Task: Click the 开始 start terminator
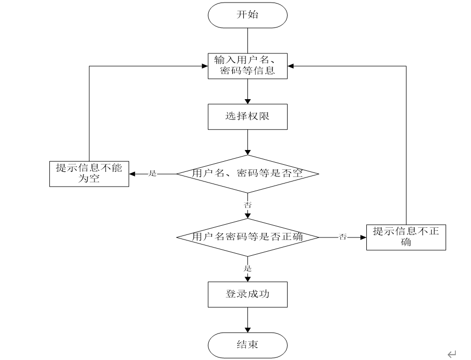247,15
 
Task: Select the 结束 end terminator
247,345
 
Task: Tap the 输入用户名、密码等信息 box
247,66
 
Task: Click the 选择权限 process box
247,116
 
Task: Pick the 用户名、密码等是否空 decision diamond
247,174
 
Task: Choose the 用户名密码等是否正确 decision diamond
247,237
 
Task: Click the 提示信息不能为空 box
89,174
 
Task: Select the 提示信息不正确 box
406,237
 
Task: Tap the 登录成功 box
247,294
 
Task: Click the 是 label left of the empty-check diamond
152,173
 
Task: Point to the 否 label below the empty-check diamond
247,205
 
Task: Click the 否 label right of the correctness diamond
343,237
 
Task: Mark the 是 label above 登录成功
247,268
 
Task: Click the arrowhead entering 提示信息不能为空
132,174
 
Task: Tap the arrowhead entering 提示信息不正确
363,237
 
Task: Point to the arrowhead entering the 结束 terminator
247,329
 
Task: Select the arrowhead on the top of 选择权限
247,101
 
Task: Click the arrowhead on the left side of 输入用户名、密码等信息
205,66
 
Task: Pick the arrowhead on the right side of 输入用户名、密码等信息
291,66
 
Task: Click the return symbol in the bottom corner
452,354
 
